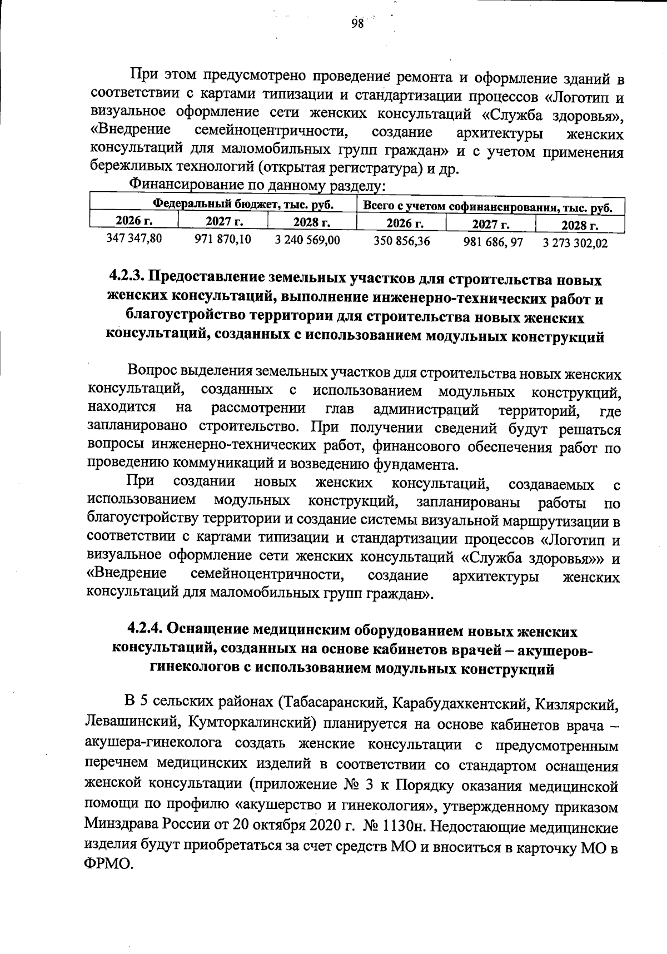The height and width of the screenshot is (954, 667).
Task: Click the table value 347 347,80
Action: (134, 239)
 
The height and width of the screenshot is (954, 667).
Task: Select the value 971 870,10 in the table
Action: (222, 240)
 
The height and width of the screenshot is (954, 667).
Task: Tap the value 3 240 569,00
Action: (308, 240)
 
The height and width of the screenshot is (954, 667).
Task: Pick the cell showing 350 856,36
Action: (402, 241)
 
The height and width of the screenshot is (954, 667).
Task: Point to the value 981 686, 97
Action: (490, 242)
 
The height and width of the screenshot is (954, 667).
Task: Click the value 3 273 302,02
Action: (575, 244)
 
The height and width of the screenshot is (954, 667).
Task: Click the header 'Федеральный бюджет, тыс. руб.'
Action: (243, 205)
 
